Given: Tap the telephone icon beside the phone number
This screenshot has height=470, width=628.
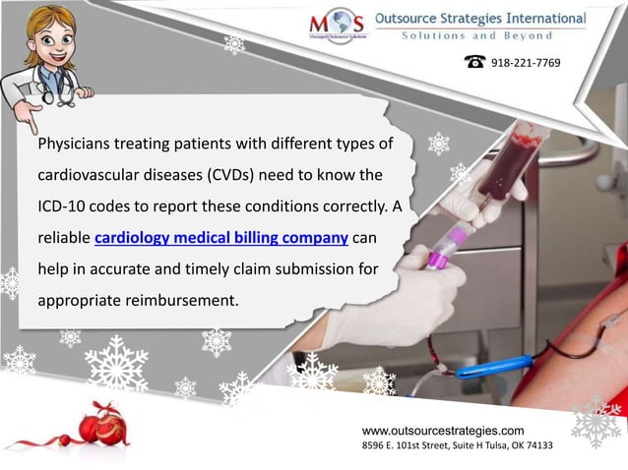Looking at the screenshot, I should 475,62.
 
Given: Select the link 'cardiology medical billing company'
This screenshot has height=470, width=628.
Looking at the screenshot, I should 221,238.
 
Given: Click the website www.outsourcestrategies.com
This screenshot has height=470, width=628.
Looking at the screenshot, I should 443,431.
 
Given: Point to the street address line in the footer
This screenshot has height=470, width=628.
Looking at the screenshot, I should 457,445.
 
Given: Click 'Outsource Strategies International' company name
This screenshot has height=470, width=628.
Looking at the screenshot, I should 480,18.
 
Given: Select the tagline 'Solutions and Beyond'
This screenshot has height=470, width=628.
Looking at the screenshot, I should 480,36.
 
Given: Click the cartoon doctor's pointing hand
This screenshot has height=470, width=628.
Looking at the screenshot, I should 27,115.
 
